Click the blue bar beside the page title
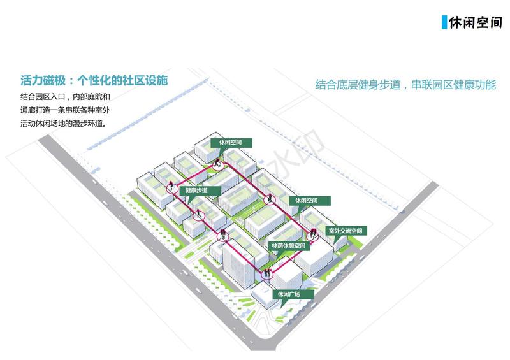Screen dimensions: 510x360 (x=444, y=22)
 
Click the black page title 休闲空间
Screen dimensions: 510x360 (x=475, y=22)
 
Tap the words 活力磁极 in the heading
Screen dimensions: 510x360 (x=43, y=80)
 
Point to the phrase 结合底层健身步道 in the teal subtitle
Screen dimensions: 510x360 (x=358, y=85)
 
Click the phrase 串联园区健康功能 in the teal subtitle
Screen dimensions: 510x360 (x=453, y=85)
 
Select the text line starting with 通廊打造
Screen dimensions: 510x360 (x=65, y=110)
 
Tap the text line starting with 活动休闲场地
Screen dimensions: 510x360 (x=63, y=124)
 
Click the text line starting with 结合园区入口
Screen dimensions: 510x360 (x=65, y=97)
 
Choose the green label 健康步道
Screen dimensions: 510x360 (x=200, y=191)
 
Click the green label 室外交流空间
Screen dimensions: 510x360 (x=346, y=231)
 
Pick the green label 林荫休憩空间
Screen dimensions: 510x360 (x=289, y=246)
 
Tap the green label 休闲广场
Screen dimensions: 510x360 (x=293, y=294)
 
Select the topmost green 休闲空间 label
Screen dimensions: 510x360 (x=231, y=143)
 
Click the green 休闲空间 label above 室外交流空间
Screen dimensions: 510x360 (x=310, y=201)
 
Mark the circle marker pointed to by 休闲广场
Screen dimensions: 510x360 (x=267, y=275)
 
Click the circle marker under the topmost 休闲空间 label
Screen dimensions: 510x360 (x=218, y=166)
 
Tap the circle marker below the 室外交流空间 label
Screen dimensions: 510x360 (x=312, y=236)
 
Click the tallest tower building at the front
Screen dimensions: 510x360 (x=238, y=265)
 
